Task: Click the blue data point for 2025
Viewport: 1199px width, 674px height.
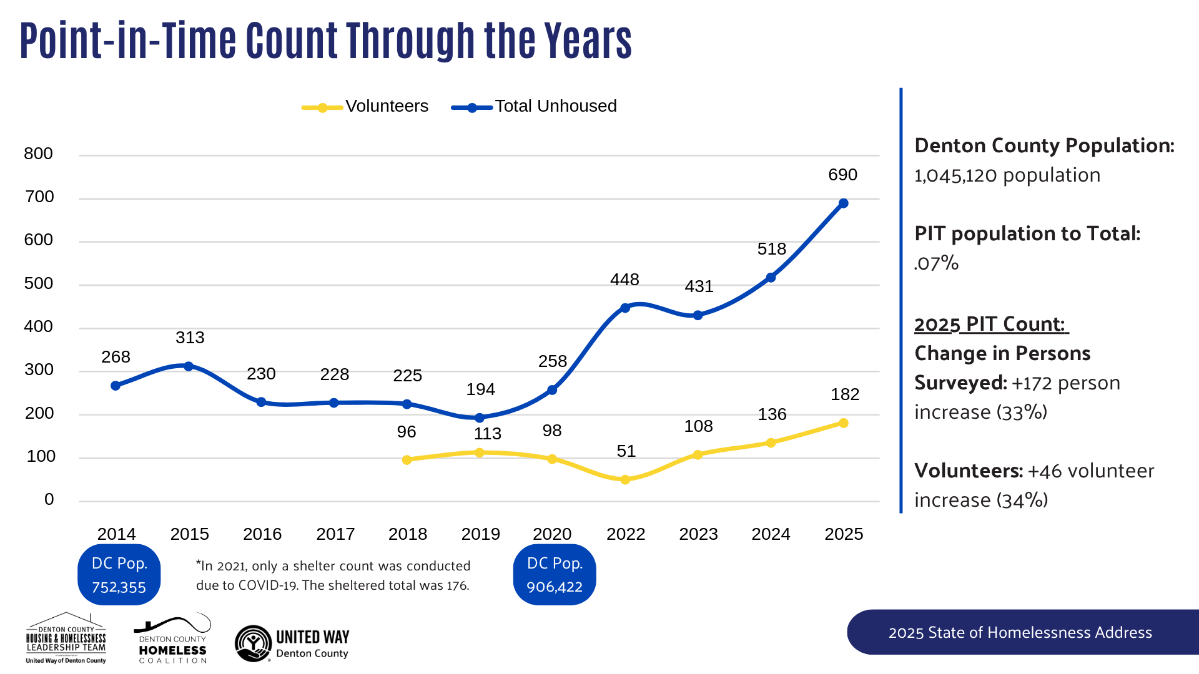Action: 843,203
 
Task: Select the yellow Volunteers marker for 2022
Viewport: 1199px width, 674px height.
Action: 625,480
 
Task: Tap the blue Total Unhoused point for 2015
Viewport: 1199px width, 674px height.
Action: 189,366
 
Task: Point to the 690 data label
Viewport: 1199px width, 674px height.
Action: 842,175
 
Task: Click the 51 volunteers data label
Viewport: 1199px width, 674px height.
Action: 626,451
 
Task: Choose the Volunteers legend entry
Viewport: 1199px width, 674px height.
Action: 365,107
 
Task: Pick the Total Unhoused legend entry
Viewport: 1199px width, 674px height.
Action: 534,107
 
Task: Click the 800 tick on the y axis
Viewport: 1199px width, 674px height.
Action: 38,154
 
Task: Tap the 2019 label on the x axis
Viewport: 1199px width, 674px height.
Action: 480,534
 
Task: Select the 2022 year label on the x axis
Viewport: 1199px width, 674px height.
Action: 626,534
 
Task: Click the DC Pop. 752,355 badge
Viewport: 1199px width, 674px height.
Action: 119,575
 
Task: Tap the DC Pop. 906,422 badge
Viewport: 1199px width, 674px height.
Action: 555,575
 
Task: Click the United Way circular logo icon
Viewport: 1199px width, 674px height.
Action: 253,643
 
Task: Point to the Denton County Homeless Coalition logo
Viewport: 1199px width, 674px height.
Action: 172,639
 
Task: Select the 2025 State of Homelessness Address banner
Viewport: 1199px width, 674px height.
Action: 1020,632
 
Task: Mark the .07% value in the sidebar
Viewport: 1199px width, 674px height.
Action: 936,263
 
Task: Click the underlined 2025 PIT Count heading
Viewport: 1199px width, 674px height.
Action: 990,325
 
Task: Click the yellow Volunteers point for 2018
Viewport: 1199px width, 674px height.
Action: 407,460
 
